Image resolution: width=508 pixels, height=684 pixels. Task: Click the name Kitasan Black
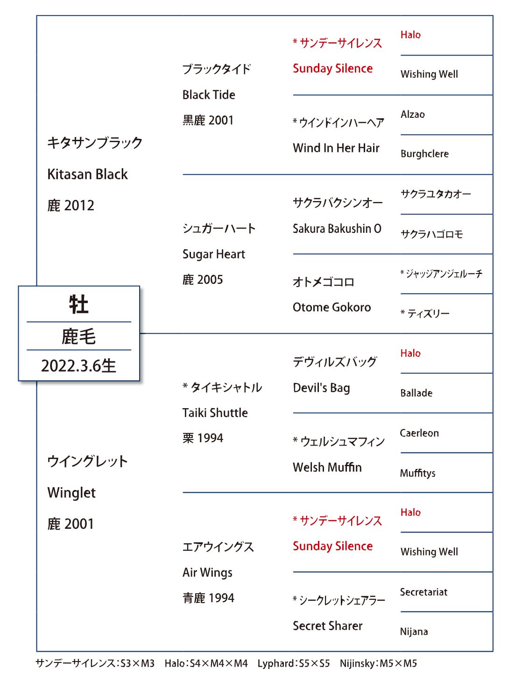pos(87,174)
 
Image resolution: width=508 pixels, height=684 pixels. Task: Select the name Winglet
pos(71,493)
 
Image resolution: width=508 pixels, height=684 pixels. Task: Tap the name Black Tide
pos(209,94)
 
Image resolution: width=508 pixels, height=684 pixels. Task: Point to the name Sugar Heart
pos(213,254)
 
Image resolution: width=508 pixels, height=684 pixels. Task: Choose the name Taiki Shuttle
pos(215,413)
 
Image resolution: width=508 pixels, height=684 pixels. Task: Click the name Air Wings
pos(207,573)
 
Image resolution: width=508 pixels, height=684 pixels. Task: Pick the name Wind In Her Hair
pos(336,148)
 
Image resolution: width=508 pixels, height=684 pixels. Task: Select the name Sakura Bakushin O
pos(337,229)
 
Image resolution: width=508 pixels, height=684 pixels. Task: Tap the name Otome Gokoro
pos(332,307)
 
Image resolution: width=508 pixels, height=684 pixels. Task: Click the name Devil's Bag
pos(321,388)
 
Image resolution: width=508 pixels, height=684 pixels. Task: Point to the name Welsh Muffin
pos(327,467)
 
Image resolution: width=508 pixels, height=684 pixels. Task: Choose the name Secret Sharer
pos(327,626)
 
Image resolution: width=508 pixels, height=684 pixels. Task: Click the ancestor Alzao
pos(412,115)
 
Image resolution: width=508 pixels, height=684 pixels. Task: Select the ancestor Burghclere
pos(424,153)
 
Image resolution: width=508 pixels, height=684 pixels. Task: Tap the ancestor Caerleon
pos(419,433)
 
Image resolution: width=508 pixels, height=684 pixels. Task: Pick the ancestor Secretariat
pos(423,592)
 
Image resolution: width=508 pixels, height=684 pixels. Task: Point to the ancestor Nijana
pos(414,631)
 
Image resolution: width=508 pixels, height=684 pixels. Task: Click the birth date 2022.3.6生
pos(78,366)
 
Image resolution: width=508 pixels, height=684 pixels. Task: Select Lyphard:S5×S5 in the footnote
pos(294,663)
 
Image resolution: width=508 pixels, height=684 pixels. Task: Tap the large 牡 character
pos(78,304)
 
